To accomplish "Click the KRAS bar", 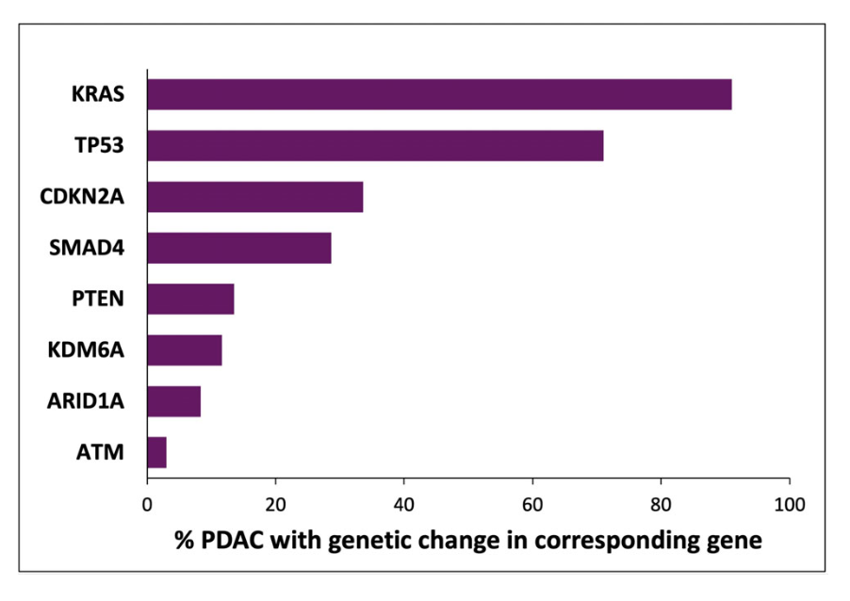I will tap(439, 95).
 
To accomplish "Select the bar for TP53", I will tap(375, 146).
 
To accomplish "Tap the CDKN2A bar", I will tap(255, 197).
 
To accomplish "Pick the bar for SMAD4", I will tap(239, 248).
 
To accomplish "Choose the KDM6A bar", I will tap(185, 350).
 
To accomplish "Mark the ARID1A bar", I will tap(174, 401).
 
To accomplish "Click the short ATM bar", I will tap(157, 452).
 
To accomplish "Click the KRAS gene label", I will tap(98, 95).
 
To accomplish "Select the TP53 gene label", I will tap(99, 146).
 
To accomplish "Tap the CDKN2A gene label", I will tap(82, 198).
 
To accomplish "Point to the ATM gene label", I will tap(101, 453).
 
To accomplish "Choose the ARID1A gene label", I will tap(86, 402).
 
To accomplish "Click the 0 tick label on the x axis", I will tap(148, 504).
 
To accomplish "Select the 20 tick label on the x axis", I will tap(275, 504).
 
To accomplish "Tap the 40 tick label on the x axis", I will tap(403, 504).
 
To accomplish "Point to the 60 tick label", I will tap(532, 504).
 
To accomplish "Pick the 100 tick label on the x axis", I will tap(789, 504).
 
